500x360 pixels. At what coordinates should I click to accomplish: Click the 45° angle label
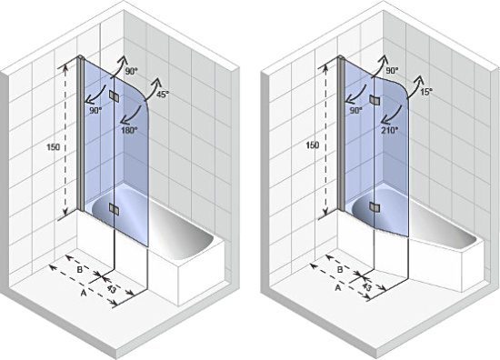click(x=162, y=95)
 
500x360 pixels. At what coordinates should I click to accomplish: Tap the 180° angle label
click(x=129, y=130)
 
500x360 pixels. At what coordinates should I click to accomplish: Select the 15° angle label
click(x=426, y=93)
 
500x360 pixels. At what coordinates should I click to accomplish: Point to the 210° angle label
click(x=390, y=130)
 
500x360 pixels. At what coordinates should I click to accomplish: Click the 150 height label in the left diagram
click(x=54, y=147)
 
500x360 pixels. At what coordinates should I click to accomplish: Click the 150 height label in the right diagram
click(x=313, y=145)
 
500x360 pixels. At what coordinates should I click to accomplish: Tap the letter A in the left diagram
click(x=84, y=293)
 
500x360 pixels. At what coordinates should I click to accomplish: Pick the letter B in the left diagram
click(x=80, y=269)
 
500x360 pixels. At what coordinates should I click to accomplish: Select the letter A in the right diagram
click(x=338, y=288)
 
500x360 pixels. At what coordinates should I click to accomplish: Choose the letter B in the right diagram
click(x=340, y=269)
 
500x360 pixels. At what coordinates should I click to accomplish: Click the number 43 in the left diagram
click(x=111, y=289)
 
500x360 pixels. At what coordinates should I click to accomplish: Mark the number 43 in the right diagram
click(x=367, y=287)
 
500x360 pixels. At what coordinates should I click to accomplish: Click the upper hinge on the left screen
click(x=114, y=96)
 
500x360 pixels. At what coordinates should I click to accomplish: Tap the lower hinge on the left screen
click(x=114, y=209)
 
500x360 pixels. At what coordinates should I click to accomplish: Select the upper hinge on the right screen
click(x=375, y=100)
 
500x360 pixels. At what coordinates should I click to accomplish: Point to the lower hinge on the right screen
click(x=375, y=207)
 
